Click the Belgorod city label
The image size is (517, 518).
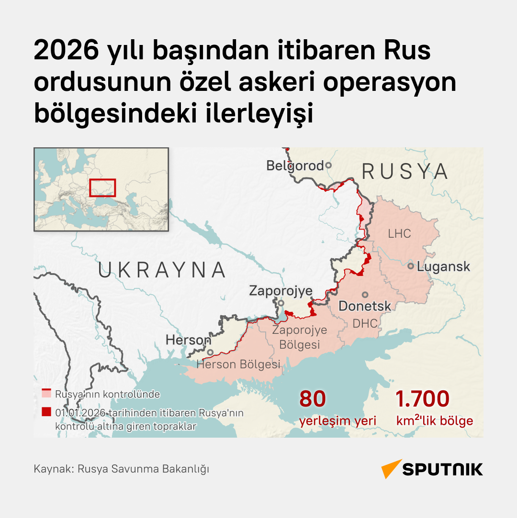(295, 166)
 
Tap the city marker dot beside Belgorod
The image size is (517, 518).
(328, 165)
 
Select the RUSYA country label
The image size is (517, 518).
(405, 171)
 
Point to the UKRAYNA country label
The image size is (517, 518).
(162, 270)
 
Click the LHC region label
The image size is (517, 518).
(399, 233)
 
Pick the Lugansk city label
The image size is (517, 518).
(444, 266)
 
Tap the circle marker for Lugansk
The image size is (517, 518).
(411, 266)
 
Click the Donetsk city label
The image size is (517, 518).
(365, 306)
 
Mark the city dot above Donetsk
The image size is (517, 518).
(365, 295)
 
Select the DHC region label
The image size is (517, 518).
(365, 323)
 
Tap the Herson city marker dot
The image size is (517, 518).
(210, 352)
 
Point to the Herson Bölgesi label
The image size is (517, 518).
(238, 364)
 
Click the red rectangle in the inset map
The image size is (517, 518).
(102, 187)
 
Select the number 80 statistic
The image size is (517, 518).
(312, 399)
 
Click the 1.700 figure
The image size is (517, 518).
(423, 399)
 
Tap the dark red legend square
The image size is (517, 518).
(46, 412)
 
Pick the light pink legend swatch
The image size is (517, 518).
(46, 394)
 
